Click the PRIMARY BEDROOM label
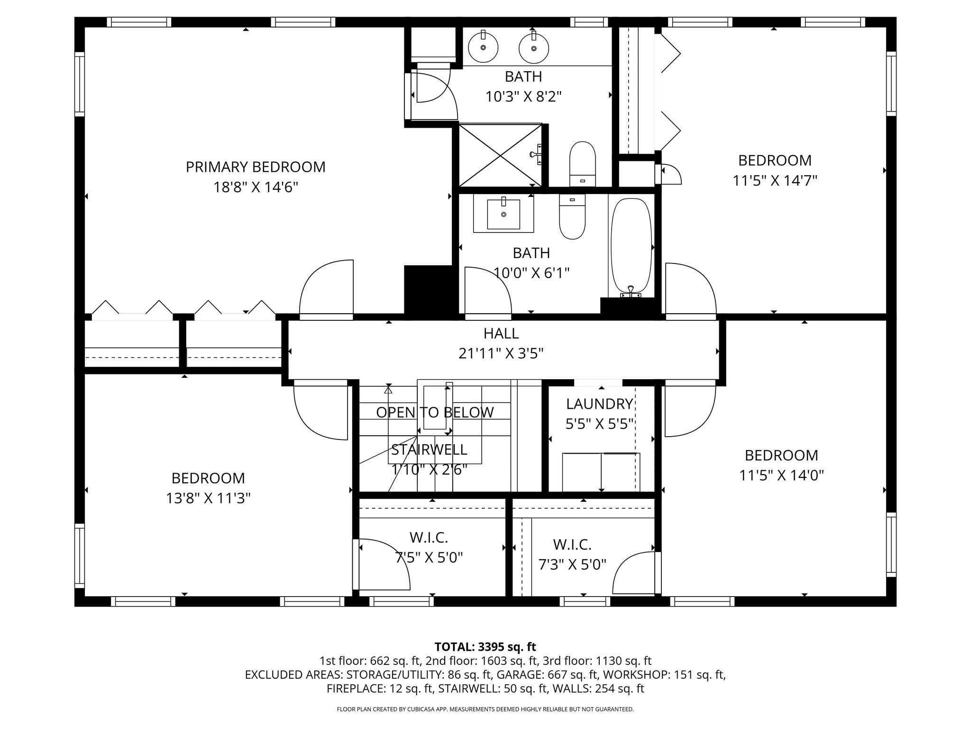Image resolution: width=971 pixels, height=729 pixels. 255,167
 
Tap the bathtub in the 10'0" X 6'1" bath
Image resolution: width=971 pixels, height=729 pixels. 631,247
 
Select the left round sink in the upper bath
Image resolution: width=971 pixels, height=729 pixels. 483,47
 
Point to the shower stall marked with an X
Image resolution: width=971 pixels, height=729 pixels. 500,155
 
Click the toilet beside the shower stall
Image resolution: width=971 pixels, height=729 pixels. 582,164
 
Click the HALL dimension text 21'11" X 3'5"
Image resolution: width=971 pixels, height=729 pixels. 501,354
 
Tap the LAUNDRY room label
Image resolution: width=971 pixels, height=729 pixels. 599,404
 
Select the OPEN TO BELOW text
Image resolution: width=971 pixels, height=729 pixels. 435,412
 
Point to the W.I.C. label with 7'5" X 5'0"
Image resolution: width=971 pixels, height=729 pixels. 429,538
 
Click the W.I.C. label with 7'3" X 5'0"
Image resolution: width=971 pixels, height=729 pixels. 572,544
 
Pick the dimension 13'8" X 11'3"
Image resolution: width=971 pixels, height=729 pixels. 208,498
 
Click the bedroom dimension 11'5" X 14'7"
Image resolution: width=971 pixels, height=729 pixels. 775,181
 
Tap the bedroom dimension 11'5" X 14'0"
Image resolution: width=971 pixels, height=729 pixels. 781,475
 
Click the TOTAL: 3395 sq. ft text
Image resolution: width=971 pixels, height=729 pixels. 485,647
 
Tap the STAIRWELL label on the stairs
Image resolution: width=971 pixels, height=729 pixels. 429,449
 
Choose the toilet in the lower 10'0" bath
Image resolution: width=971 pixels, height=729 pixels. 572,218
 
